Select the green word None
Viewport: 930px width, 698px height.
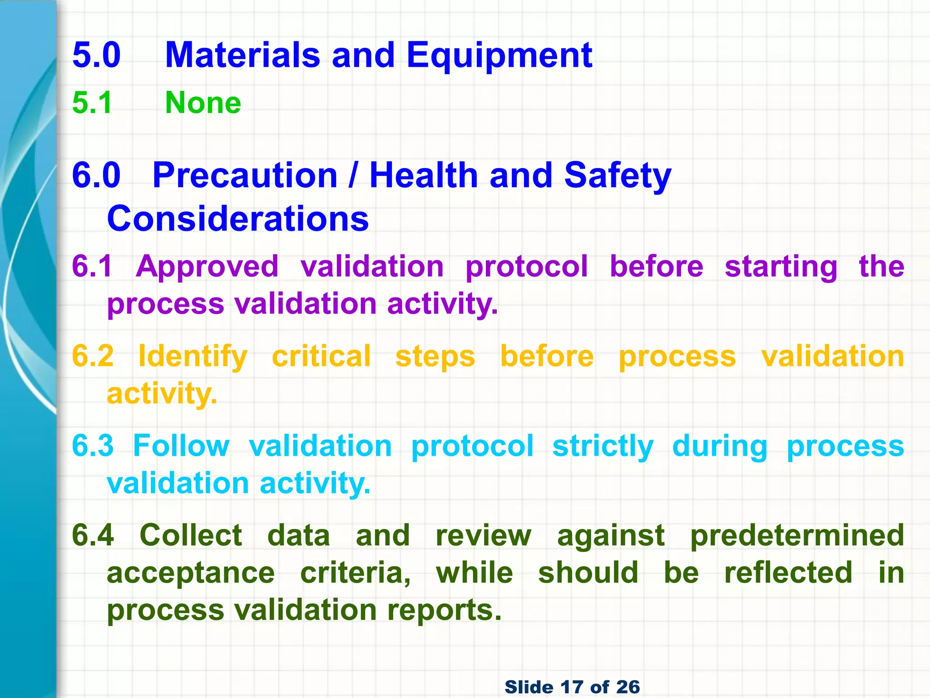(203, 103)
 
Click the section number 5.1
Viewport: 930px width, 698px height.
(92, 103)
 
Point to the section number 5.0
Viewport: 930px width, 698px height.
(96, 55)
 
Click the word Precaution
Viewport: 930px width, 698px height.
(245, 175)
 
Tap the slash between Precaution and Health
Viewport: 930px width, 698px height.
(353, 175)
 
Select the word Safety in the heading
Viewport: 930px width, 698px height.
(617, 176)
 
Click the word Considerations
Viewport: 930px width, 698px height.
(237, 219)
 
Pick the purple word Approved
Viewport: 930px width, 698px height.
(207, 267)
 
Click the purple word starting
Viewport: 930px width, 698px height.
(781, 267)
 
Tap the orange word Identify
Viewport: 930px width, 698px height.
(193, 357)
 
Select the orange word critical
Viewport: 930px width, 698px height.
(322, 356)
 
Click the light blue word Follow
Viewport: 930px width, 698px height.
(181, 446)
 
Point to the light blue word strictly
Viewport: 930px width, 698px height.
(603, 447)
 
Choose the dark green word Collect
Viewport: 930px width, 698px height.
(191, 535)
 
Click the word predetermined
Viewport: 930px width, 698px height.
(797, 535)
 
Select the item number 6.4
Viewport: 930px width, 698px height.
(93, 535)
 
